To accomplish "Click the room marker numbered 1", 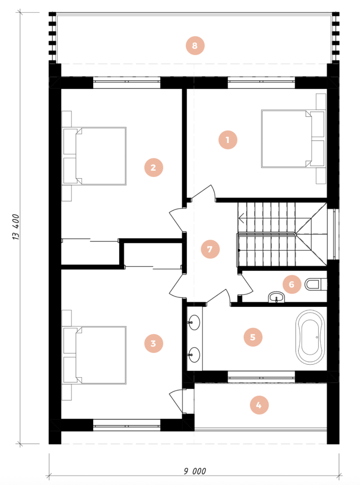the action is [228, 140].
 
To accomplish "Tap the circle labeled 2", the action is [153, 167].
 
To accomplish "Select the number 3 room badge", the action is [153, 343].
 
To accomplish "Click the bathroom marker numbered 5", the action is [253, 337].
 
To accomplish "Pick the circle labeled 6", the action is [292, 284].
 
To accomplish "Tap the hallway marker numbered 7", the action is [210, 249].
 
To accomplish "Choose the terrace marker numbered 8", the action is [195, 46].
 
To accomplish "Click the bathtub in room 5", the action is [310, 337].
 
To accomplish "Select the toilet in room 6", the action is [315, 284].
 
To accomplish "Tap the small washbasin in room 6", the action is [276, 297].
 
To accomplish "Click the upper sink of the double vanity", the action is [194, 322].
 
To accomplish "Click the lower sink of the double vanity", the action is [194, 355].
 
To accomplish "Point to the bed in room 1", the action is [293, 139].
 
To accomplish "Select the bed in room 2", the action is [94, 156].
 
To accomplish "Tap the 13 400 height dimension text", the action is [16, 227].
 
